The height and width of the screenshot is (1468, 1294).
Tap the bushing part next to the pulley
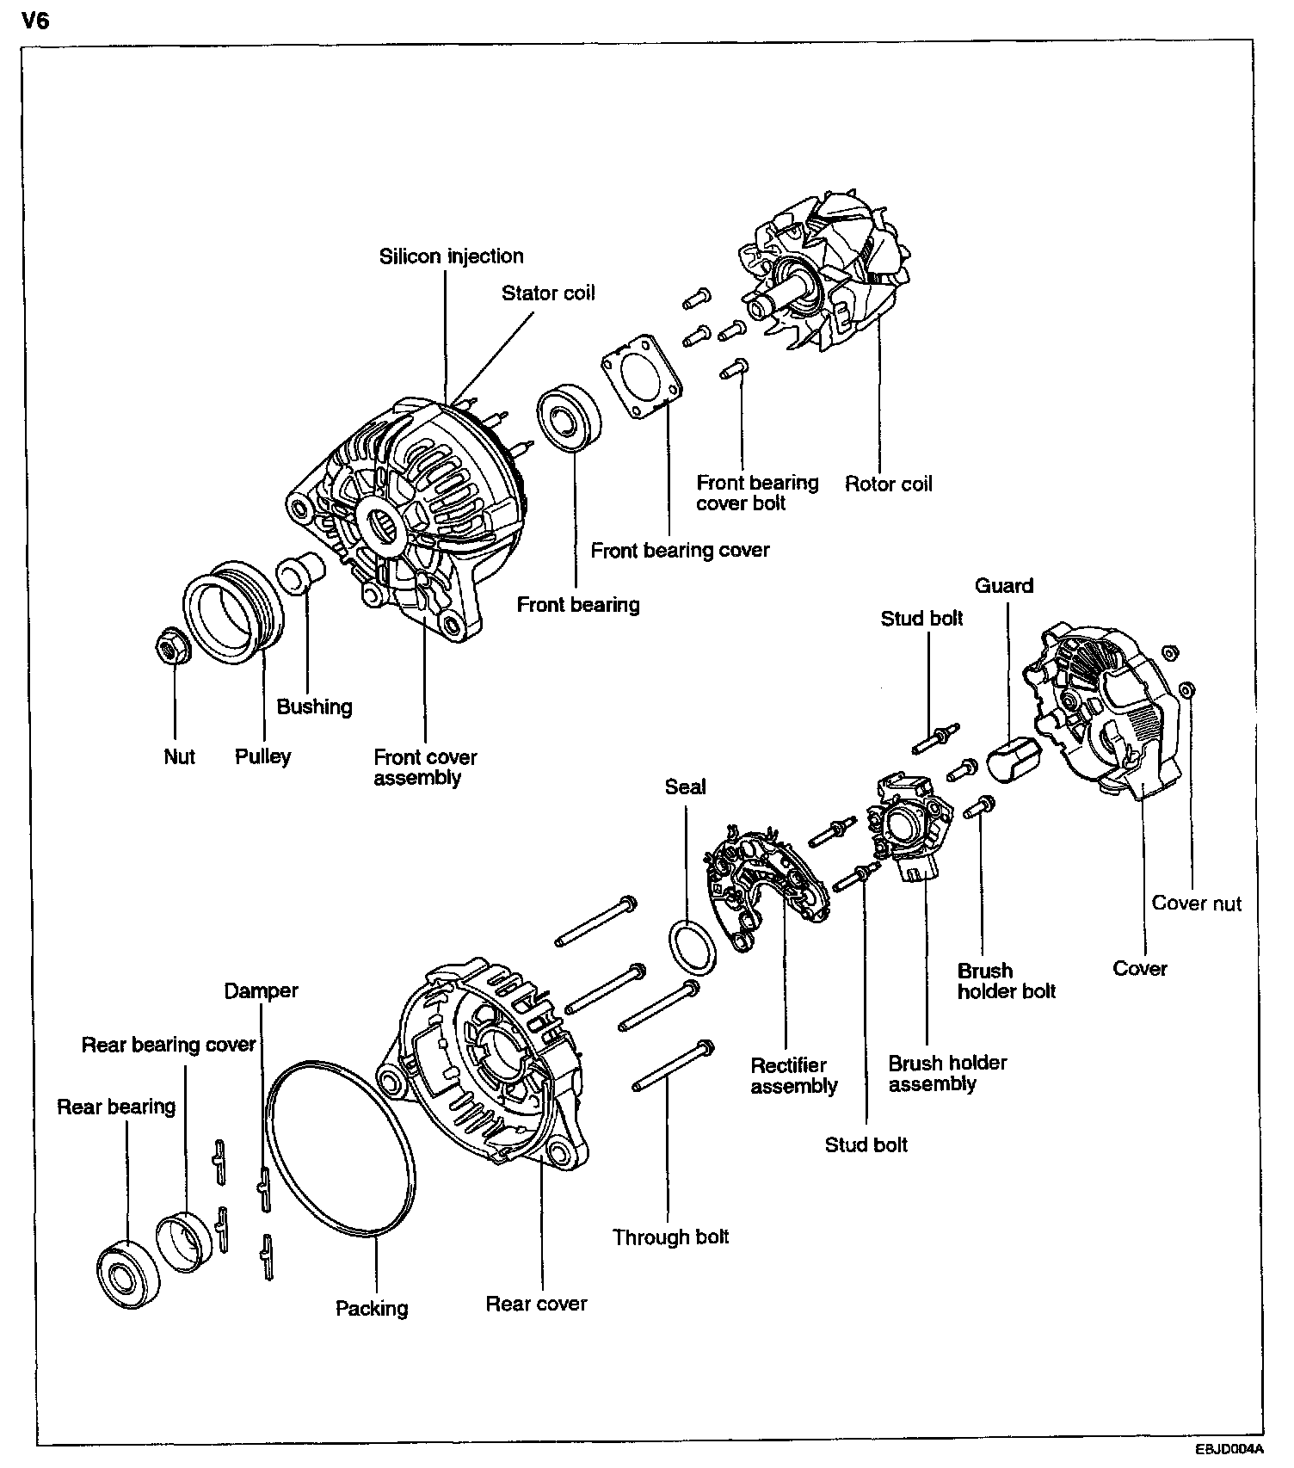pos(300,573)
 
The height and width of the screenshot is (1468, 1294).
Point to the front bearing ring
pos(569,417)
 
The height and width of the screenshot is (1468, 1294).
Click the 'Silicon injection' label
pos(451,256)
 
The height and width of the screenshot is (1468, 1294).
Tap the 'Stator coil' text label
pos(548,293)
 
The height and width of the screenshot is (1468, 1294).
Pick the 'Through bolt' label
pos(670,1237)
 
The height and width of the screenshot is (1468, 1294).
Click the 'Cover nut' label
pos(1196,904)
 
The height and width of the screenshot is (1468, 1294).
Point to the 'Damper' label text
pos(261,991)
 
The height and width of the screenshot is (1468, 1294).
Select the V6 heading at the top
pos(35,21)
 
